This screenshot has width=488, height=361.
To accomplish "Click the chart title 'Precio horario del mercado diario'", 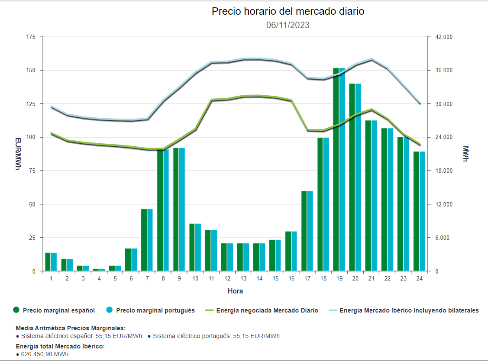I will click(288, 12).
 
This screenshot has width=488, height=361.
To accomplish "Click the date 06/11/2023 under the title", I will click(288, 25).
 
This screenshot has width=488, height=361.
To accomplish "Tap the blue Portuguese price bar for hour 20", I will click(358, 177).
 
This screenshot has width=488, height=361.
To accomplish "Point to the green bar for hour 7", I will click(144, 240).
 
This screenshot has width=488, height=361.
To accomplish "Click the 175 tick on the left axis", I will click(30, 37).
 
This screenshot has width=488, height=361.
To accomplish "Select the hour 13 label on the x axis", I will click(243, 279).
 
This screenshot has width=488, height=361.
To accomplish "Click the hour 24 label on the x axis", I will click(419, 279).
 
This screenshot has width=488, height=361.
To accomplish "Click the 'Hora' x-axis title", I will click(235, 291).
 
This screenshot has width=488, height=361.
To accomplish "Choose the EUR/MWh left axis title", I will click(18, 154).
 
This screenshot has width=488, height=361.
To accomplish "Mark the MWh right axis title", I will click(465, 154).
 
